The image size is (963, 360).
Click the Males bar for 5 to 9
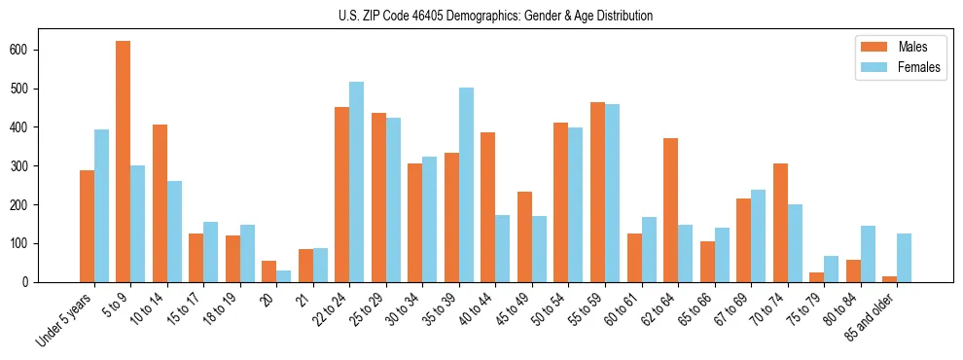pyautogui.click(x=124, y=162)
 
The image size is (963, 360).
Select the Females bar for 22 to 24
pyautogui.click(x=357, y=182)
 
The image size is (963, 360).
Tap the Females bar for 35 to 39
pyautogui.click(x=466, y=185)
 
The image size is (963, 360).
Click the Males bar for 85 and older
pyautogui.click(x=889, y=279)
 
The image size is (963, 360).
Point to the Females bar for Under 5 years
pyautogui.click(x=101, y=205)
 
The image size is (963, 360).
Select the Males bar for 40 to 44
pyautogui.click(x=488, y=207)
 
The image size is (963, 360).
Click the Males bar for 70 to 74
pyautogui.click(x=780, y=223)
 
